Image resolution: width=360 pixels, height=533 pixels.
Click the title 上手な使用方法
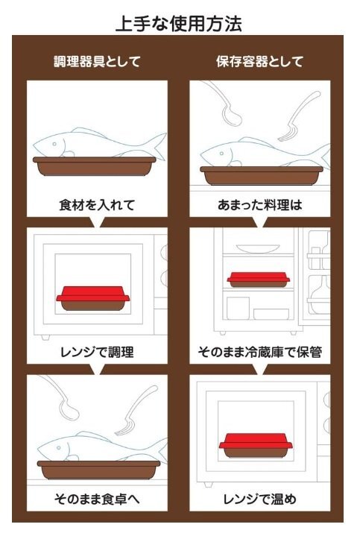point(179,23)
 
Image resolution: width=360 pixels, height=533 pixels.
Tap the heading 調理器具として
point(97,62)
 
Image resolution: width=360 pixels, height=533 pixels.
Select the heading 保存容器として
point(259,62)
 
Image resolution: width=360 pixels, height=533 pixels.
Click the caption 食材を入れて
point(97,205)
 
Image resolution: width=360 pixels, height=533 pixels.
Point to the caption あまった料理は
point(259,205)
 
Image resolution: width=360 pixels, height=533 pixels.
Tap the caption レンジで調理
point(97,352)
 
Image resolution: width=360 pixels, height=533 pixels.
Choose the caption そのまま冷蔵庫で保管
point(259,352)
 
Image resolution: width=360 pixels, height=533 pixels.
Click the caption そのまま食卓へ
point(97,499)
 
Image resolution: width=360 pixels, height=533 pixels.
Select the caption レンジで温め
point(259,499)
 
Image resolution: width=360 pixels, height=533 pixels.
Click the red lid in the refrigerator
point(259,277)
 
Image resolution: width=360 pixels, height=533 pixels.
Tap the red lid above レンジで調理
point(93,294)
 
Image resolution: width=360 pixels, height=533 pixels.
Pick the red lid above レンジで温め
point(256,441)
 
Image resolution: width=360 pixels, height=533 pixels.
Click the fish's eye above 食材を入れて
point(54,144)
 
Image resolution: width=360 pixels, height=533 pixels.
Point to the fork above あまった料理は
point(300,116)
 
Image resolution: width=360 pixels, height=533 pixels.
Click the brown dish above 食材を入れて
point(95,166)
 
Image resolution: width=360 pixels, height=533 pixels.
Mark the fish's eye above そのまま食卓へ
point(59,448)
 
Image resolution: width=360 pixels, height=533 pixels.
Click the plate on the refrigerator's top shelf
point(259,248)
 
